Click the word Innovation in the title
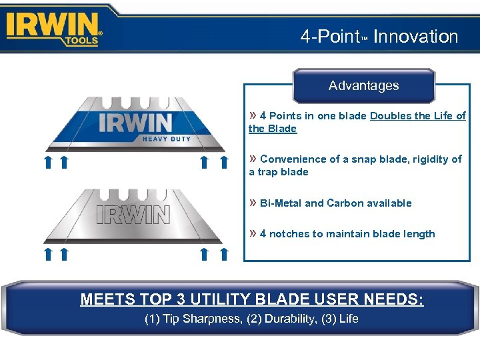click(416, 37)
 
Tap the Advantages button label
click(363, 85)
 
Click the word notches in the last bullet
click(289, 234)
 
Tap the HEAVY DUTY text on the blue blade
click(166, 139)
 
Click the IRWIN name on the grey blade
click(133, 214)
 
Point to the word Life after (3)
click(348, 319)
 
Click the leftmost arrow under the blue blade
click(48, 162)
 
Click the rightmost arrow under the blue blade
click(223, 162)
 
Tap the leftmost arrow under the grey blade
click(48, 253)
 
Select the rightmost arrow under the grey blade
click(223, 253)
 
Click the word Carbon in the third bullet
click(345, 203)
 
